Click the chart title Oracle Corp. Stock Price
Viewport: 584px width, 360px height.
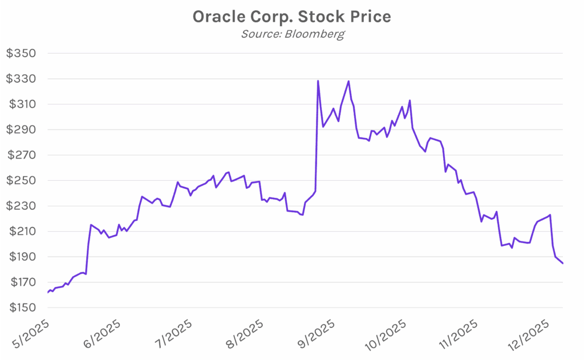pyautogui.click(x=291, y=17)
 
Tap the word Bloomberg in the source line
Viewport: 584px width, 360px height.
pyautogui.click(x=317, y=34)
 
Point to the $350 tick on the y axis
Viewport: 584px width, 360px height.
pyautogui.click(x=21, y=54)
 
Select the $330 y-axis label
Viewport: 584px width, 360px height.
pyautogui.click(x=21, y=79)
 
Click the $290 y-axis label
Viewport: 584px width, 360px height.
pyautogui.click(x=21, y=130)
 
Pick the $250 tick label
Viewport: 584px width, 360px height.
pyautogui.click(x=21, y=180)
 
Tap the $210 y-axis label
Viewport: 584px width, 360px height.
pyautogui.click(x=21, y=232)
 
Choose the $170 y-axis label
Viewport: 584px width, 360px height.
pyautogui.click(x=21, y=282)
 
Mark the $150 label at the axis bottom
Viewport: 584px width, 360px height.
pyautogui.click(x=21, y=308)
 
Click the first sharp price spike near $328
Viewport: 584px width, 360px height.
pyautogui.click(x=318, y=81)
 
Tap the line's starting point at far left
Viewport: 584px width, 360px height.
pyautogui.click(x=48, y=292)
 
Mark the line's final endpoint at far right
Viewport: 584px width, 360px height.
pyautogui.click(x=563, y=263)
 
